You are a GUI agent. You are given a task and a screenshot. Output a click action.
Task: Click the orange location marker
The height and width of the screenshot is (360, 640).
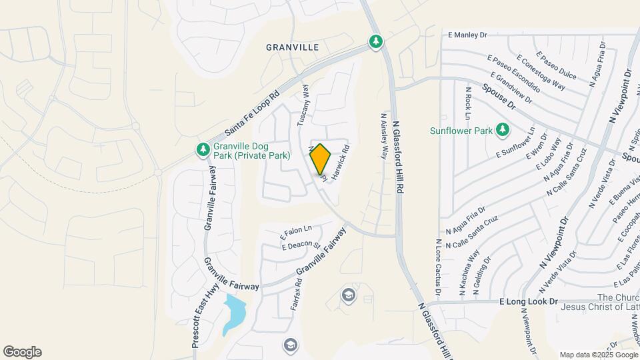321,159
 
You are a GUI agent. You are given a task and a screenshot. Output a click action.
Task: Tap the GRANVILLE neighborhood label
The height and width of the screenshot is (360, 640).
292,47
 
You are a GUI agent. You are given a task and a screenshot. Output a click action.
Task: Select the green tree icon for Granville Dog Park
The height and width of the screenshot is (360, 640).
203,151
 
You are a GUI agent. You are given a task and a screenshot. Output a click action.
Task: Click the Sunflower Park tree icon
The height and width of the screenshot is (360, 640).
502,129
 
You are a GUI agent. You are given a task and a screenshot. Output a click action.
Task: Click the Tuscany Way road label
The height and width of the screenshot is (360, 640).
303,106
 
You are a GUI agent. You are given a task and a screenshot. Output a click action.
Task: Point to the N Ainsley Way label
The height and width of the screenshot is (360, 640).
384,134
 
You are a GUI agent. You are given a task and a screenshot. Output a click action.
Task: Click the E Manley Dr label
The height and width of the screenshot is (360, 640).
468,35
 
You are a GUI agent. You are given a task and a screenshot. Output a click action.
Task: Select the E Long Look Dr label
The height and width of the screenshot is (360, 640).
528,301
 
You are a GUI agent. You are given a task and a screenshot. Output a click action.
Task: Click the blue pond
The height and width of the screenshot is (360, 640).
234,313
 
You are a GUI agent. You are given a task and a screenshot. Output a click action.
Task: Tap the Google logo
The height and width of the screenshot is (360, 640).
22,352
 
